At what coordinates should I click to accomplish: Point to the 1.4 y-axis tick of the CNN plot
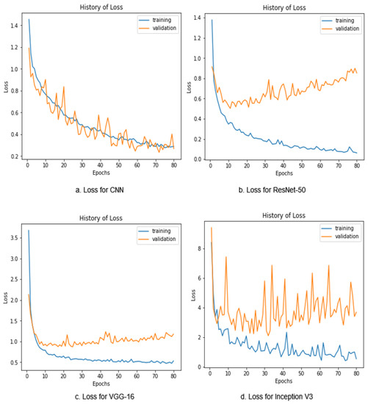click(15, 25)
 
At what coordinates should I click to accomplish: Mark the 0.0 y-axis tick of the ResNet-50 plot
click(195, 159)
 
